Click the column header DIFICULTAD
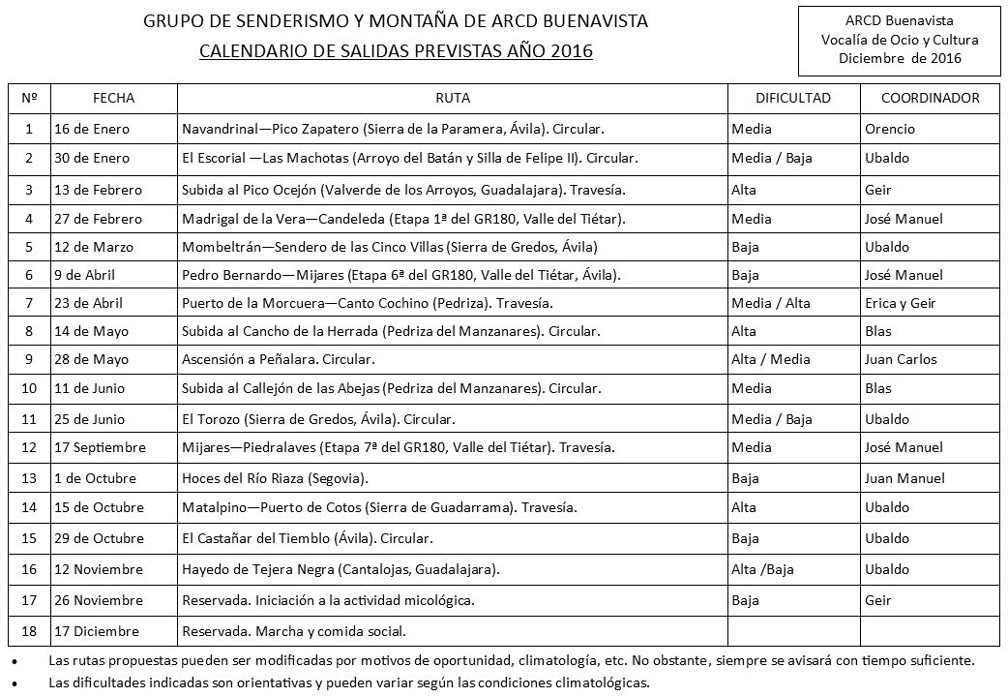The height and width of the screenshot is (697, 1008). coord(793,98)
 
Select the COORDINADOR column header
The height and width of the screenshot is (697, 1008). coord(930,98)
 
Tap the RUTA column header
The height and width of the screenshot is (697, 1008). coord(453,98)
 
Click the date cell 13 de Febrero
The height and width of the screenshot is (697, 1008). coord(98,190)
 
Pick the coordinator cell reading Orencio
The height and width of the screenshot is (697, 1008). coord(889,129)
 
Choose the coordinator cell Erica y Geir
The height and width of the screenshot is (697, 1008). coord(900,303)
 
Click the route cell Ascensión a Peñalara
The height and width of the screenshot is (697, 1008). coord(278,359)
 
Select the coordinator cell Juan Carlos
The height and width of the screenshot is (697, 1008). coord(901,359)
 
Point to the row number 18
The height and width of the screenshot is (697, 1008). coord(29,631)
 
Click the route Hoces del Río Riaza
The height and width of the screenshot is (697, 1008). coord(275,478)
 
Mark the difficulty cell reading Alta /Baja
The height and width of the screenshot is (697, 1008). coord(762,569)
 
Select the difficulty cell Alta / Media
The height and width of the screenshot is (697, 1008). coord(771,359)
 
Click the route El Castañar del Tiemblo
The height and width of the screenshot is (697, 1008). coord(307,538)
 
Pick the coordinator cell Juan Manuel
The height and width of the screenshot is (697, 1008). coord(904,478)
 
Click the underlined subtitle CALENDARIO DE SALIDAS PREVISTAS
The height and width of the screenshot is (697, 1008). coord(396,51)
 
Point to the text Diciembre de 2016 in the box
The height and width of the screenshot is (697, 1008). coord(900,59)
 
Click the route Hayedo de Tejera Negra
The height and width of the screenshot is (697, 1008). coord(341,569)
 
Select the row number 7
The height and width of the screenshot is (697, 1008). coord(29,303)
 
